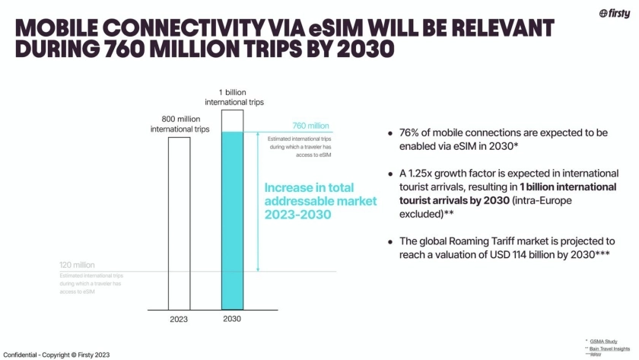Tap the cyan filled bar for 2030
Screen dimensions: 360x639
[x=232, y=221]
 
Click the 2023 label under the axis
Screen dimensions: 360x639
[x=179, y=319]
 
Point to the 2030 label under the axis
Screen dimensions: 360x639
[x=232, y=319]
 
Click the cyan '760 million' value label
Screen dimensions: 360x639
[x=311, y=126]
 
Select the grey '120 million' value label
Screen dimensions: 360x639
[x=77, y=265]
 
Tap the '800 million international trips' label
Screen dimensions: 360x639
[x=180, y=123]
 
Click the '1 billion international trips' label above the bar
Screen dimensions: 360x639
[x=234, y=96]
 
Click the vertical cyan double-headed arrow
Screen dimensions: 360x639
[x=259, y=202]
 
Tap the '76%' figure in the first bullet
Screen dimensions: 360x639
[x=412, y=132]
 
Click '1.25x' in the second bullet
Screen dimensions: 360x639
[x=423, y=174]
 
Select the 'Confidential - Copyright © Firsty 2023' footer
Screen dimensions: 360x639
[x=56, y=354]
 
